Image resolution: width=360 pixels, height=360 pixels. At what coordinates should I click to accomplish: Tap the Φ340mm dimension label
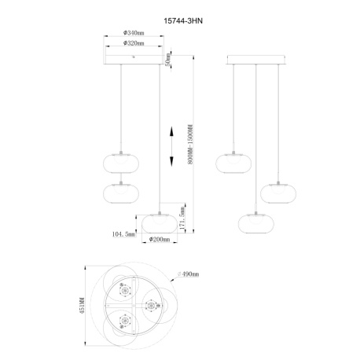tap(133, 34)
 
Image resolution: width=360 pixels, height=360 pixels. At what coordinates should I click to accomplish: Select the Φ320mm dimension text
tap(133, 45)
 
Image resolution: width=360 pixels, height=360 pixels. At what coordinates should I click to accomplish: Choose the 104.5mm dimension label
tap(124, 233)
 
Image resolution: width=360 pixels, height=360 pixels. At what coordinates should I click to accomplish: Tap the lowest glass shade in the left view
tap(160, 221)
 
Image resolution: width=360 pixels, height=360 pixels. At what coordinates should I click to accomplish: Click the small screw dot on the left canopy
tap(134, 56)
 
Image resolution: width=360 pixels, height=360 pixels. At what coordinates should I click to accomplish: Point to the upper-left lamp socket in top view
tap(124, 290)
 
